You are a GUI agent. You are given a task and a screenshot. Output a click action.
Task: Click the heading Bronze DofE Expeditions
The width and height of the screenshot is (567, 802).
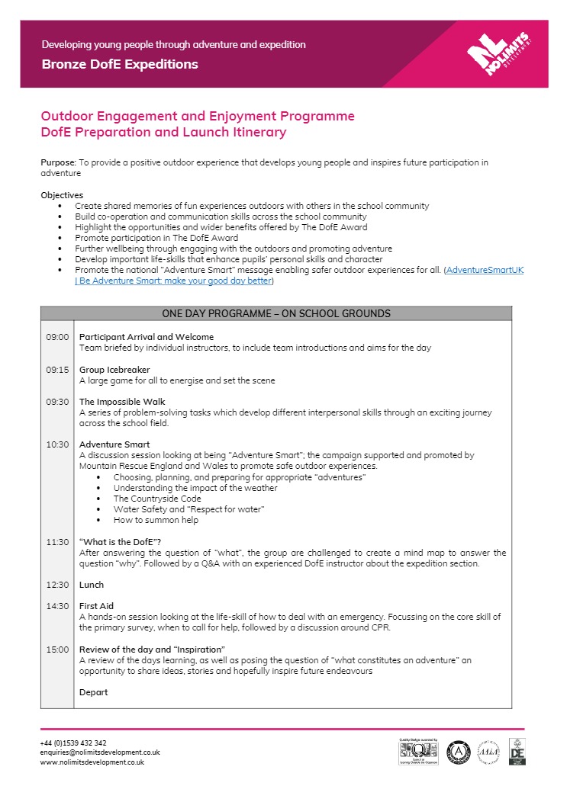click(120, 64)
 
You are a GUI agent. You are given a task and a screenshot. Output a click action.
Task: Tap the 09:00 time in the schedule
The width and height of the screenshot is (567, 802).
click(57, 337)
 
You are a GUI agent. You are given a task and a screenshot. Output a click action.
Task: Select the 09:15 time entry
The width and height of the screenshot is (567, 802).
click(57, 370)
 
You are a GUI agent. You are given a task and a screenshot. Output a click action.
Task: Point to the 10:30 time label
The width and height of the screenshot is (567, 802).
click(57, 444)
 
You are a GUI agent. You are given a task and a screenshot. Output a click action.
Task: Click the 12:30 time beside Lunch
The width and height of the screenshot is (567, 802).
click(57, 585)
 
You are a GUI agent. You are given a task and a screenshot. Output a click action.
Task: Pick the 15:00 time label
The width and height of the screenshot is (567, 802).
click(57, 650)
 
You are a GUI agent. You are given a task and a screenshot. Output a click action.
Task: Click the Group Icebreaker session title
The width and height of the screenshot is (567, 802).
click(114, 370)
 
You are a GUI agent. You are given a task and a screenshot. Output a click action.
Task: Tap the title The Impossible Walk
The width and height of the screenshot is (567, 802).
click(122, 402)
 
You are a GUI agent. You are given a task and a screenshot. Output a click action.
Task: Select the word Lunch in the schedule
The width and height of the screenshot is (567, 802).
click(92, 585)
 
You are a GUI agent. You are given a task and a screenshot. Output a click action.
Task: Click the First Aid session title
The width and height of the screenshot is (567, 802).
click(96, 606)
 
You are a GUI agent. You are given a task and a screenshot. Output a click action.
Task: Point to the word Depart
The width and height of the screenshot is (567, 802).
click(94, 692)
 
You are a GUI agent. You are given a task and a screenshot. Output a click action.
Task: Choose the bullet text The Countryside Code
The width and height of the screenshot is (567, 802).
click(157, 499)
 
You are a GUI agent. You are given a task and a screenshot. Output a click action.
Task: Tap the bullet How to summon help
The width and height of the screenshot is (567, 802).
click(156, 520)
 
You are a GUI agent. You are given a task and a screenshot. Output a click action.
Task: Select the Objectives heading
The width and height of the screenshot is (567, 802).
click(62, 195)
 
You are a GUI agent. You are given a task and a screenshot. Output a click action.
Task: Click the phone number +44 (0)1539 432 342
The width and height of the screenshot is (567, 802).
click(73, 743)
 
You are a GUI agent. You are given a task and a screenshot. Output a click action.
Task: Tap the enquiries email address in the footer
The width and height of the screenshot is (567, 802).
click(100, 752)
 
